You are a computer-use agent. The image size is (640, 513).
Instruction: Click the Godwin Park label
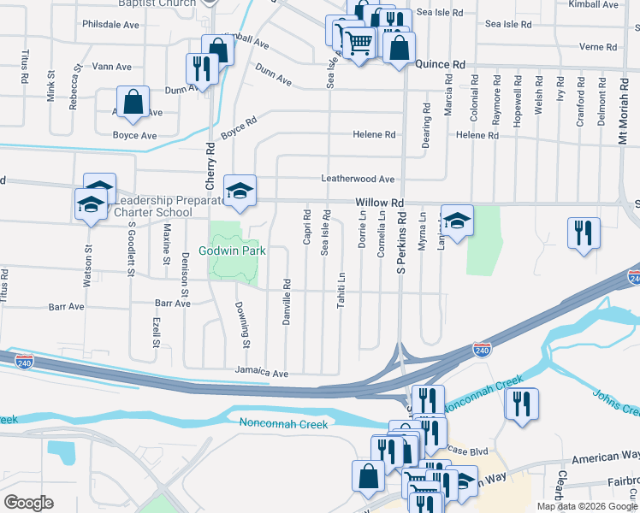tap(234, 251)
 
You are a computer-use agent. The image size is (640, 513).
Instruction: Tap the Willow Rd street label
tap(380, 203)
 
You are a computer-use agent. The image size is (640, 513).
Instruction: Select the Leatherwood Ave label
tap(357, 180)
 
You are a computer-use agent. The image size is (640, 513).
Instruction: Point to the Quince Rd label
tap(440, 64)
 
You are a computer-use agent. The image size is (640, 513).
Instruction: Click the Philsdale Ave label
tap(110, 25)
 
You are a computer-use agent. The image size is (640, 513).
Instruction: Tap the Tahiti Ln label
tap(341, 290)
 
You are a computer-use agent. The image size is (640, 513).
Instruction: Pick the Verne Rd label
tap(597, 46)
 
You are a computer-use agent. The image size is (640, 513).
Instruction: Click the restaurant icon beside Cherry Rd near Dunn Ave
tap(202, 68)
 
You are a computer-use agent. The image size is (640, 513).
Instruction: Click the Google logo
tap(29, 503)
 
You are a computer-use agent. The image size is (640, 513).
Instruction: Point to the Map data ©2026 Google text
tap(587, 506)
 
